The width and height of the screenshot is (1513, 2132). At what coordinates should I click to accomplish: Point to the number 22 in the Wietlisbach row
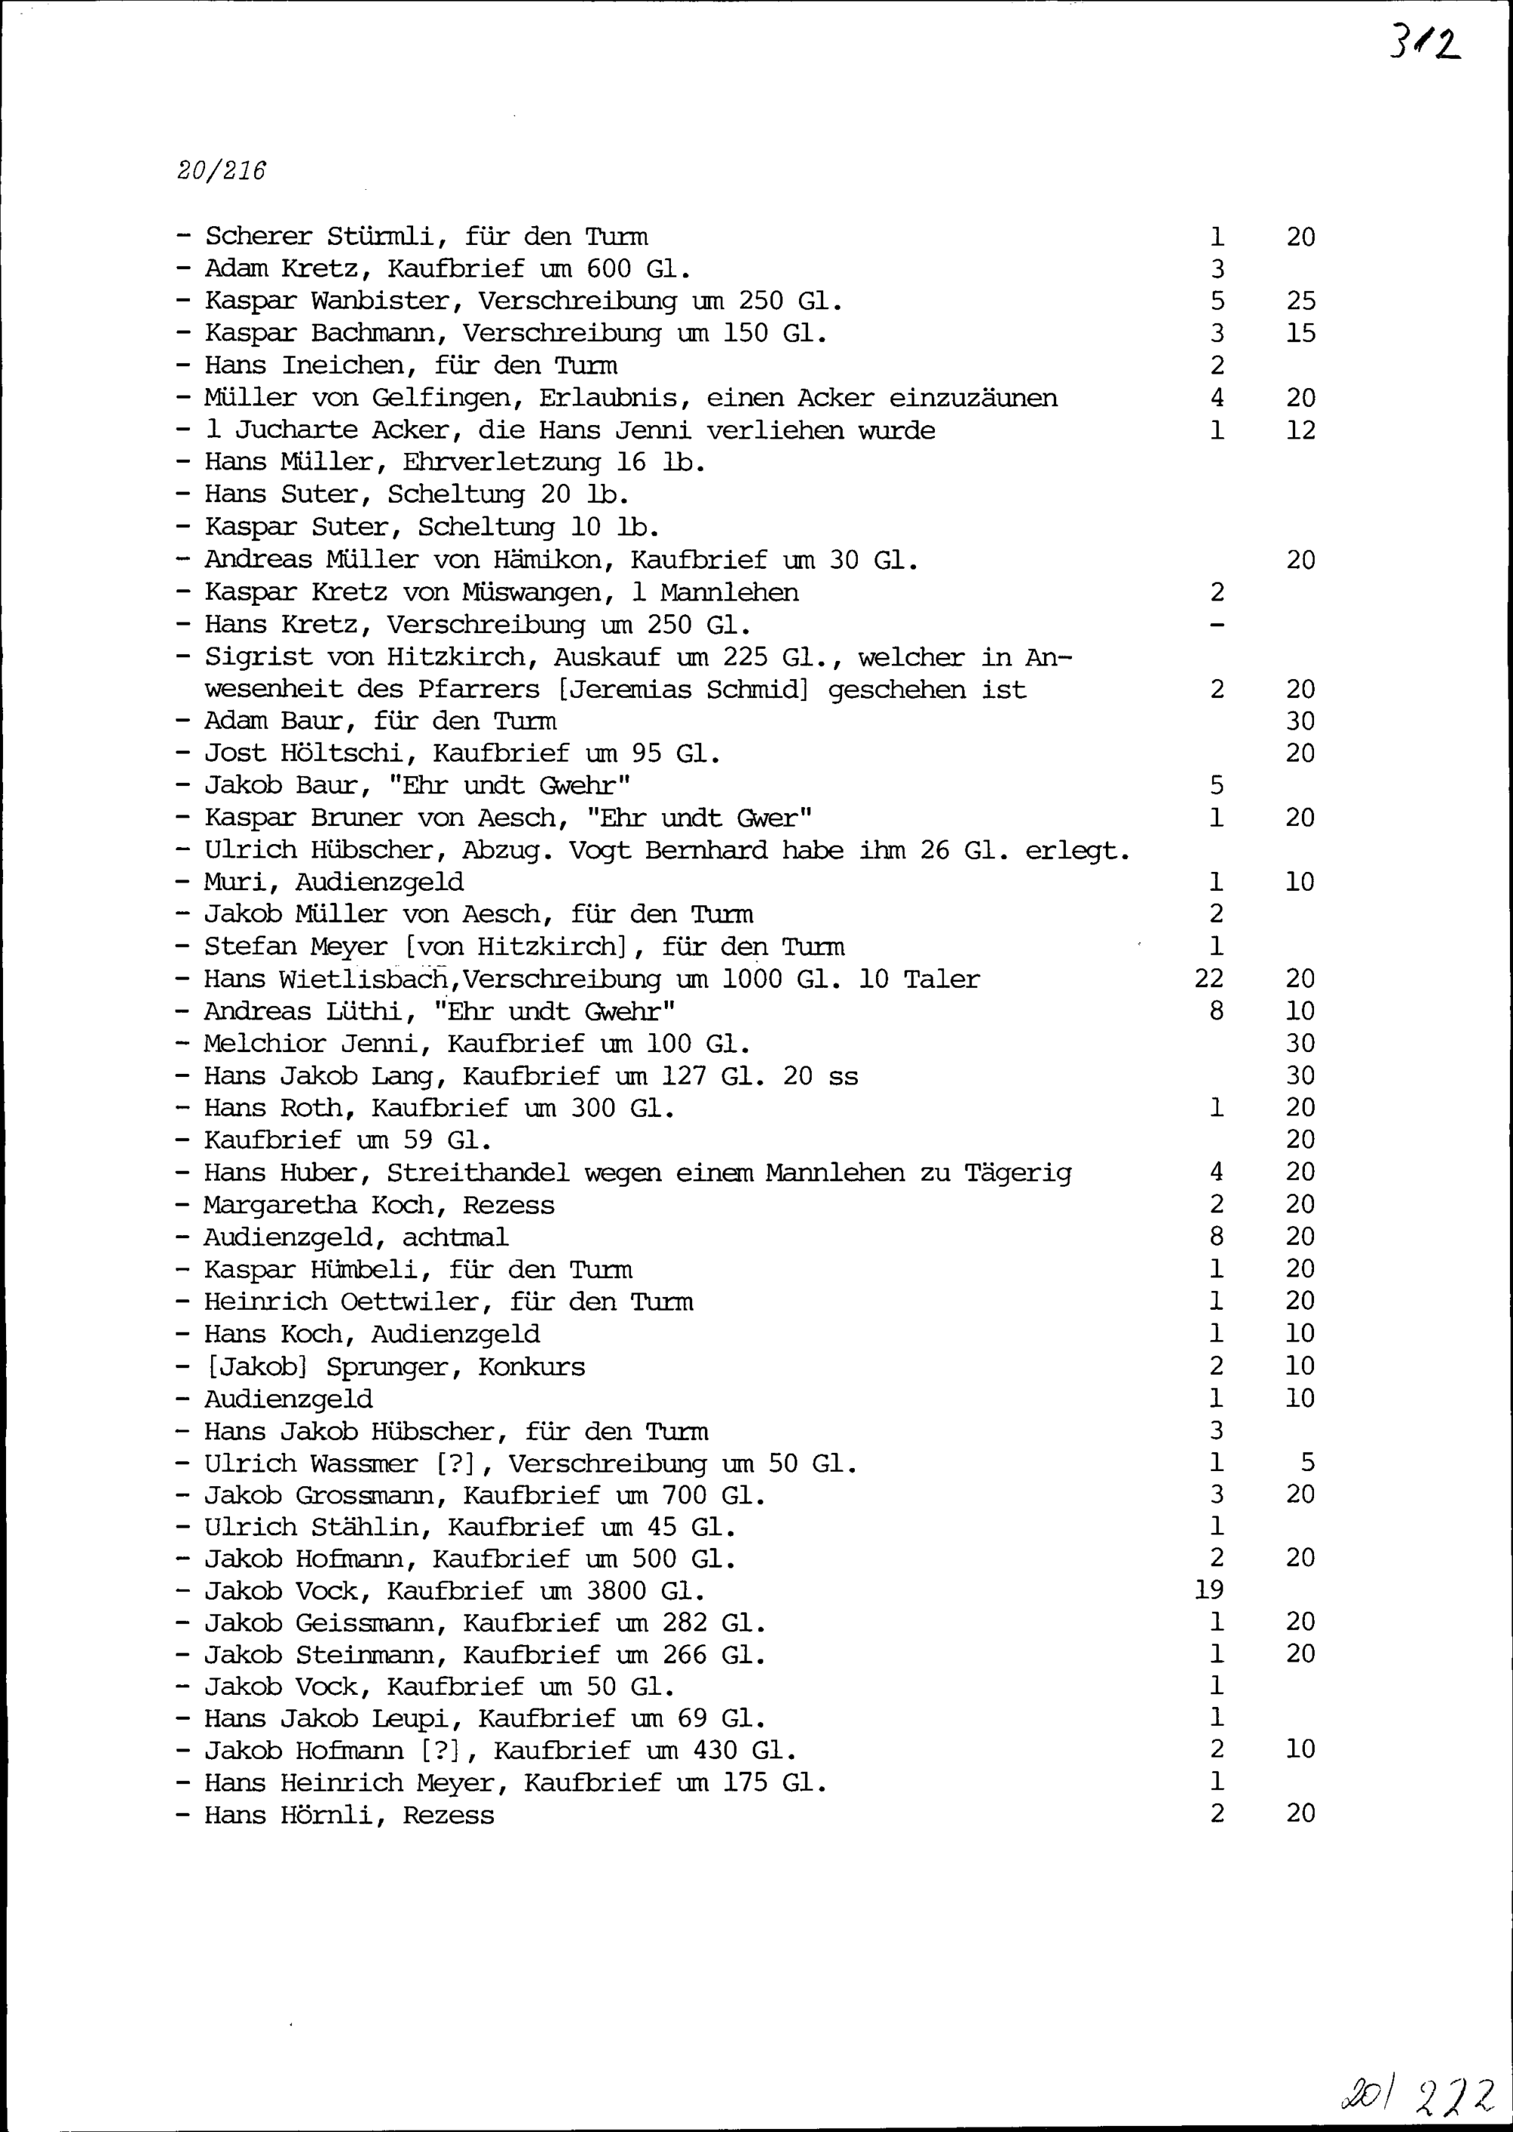click(x=1208, y=978)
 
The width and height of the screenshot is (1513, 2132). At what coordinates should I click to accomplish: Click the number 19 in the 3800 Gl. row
click(x=1208, y=1589)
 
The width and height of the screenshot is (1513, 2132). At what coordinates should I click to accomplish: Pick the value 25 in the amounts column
click(x=1300, y=301)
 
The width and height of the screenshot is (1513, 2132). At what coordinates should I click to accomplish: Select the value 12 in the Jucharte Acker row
click(x=1300, y=430)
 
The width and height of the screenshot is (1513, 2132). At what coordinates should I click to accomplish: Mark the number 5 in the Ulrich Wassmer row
click(x=1307, y=1463)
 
